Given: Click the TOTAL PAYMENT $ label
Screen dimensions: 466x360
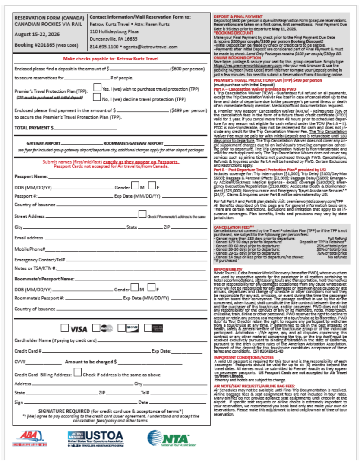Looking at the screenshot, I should point(35,128).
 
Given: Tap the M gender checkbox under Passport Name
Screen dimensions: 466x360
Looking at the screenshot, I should point(134,187).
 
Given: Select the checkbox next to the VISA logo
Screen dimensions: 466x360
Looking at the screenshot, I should point(64,328).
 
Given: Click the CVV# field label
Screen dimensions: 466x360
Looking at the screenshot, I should point(21,362).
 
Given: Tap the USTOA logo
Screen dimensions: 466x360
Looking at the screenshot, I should point(95,438).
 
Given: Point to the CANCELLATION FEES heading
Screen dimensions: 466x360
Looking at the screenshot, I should point(234,227).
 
